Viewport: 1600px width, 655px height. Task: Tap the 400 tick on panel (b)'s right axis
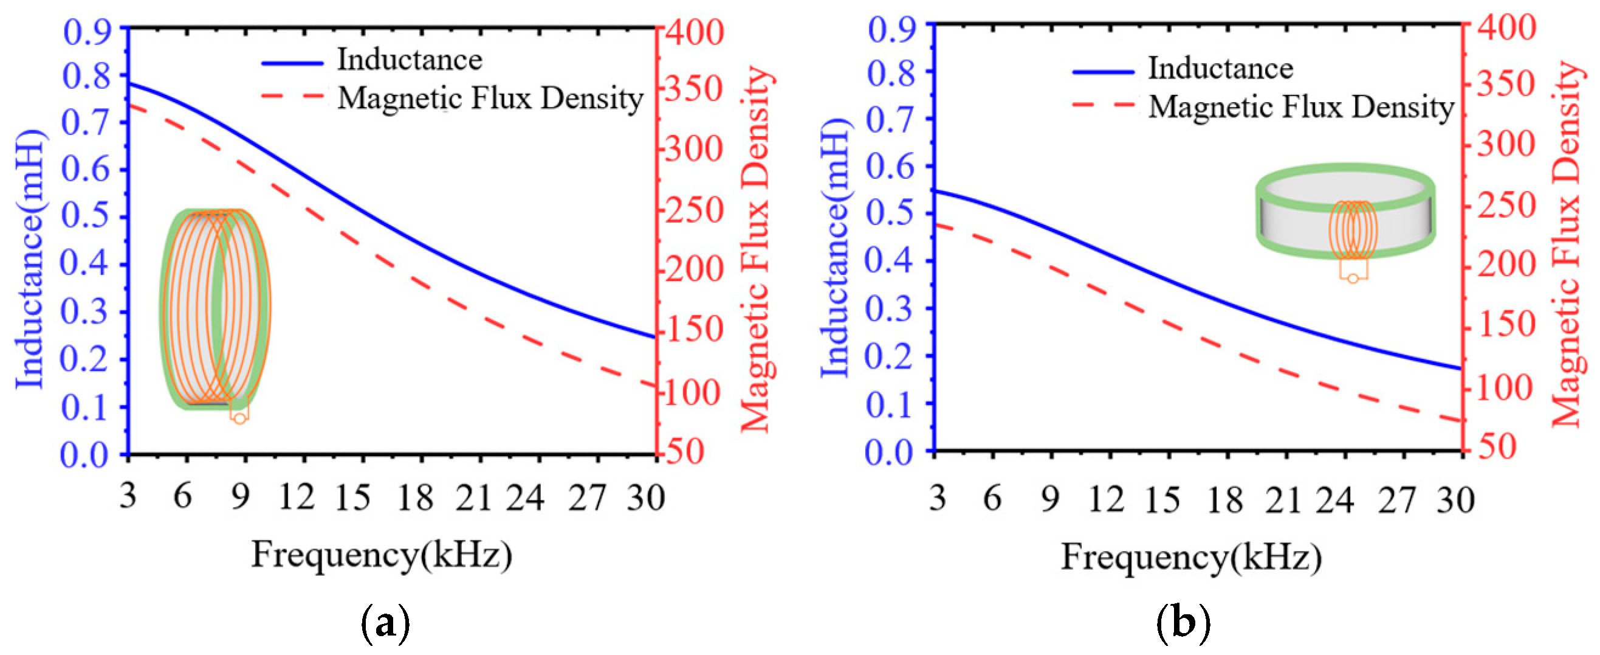click(1506, 28)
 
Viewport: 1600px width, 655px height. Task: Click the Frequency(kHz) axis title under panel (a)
click(382, 554)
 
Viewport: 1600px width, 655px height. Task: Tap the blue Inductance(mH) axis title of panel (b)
click(834, 249)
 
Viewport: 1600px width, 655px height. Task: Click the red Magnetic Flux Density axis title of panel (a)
click(757, 249)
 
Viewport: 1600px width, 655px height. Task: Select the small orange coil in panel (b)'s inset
click(1353, 231)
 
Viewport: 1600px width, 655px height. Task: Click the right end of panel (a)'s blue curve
click(654, 338)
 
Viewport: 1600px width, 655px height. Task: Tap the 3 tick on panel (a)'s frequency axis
click(128, 496)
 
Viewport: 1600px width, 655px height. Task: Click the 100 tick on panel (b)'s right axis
click(1506, 389)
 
